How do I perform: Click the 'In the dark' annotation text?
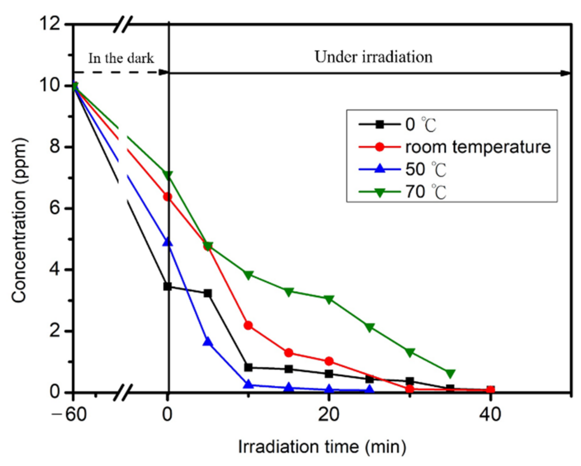(x=121, y=58)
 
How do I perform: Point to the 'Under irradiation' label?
(x=373, y=57)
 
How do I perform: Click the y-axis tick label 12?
(x=50, y=23)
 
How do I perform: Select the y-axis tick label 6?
(x=55, y=209)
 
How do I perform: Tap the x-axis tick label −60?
(x=69, y=415)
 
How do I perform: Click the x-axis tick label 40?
(x=490, y=415)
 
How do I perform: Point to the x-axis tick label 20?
(x=328, y=415)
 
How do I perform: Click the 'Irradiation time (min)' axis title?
(x=322, y=447)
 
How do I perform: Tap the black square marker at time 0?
(x=168, y=287)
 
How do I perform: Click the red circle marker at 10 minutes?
(x=248, y=325)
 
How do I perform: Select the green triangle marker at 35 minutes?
(x=450, y=373)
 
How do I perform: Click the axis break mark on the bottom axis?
(x=123, y=393)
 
